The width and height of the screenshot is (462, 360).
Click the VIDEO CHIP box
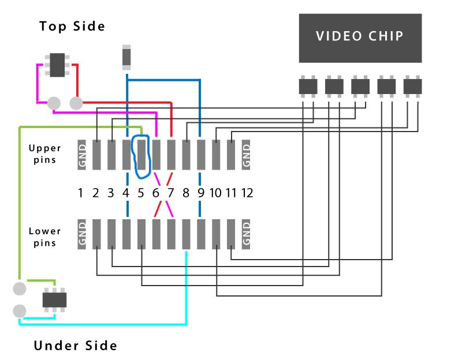(360, 38)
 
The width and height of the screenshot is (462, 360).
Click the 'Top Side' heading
(72, 26)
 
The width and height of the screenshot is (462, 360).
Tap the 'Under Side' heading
(76, 345)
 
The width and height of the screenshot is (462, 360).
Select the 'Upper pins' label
(45, 153)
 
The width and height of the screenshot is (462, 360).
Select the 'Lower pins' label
(45, 237)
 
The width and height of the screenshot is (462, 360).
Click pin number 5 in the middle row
(141, 193)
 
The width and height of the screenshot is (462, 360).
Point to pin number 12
(247, 193)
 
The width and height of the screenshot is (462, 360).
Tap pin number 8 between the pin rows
(185, 193)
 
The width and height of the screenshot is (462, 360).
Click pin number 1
(80, 193)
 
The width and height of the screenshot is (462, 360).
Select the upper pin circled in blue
(141, 155)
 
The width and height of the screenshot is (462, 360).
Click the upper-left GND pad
(81, 155)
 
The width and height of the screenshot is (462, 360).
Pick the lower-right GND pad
(246, 234)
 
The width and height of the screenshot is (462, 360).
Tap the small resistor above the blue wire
(126, 57)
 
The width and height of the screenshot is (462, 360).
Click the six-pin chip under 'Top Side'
(57, 65)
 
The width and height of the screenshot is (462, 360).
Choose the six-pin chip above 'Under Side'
(54, 299)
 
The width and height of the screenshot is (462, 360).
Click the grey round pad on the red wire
(76, 103)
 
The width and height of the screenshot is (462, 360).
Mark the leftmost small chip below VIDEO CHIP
(308, 87)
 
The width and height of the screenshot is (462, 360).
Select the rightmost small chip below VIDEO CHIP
(412, 87)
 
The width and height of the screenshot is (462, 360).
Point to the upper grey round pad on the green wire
(20, 288)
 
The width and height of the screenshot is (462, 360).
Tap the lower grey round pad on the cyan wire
(20, 311)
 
